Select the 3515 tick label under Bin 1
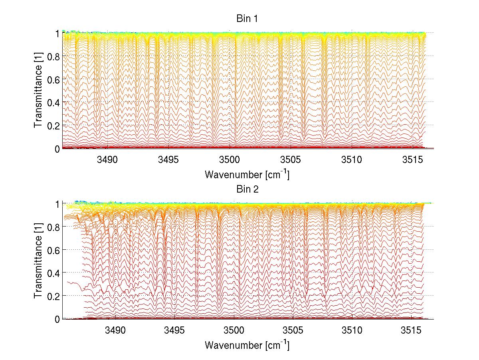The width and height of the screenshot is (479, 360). point(412,160)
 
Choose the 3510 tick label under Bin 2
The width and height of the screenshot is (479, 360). point(352,330)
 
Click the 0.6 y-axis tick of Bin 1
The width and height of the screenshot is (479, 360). point(54,80)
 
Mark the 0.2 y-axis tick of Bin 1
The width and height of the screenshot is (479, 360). point(54,125)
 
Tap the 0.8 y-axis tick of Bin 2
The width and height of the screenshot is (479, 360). point(54,227)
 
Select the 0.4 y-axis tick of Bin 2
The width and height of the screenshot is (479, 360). point(54,272)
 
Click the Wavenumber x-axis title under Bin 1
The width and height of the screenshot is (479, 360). point(247,175)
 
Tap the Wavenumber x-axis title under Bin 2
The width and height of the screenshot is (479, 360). point(247,344)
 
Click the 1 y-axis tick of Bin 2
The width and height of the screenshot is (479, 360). point(57,204)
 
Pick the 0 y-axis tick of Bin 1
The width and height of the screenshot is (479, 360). point(57,149)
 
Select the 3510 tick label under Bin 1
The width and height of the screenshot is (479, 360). point(352,160)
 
